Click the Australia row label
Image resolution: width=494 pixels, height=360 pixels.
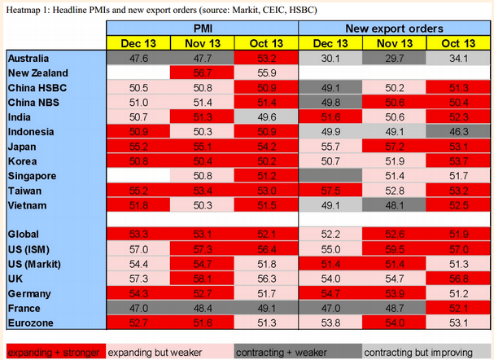[28, 58]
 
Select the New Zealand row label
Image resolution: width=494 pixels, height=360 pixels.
[37, 72]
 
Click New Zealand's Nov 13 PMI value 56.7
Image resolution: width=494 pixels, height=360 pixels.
[202, 72]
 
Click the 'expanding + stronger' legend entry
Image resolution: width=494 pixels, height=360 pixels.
[54, 352]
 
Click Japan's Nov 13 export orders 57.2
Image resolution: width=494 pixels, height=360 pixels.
[396, 146]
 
